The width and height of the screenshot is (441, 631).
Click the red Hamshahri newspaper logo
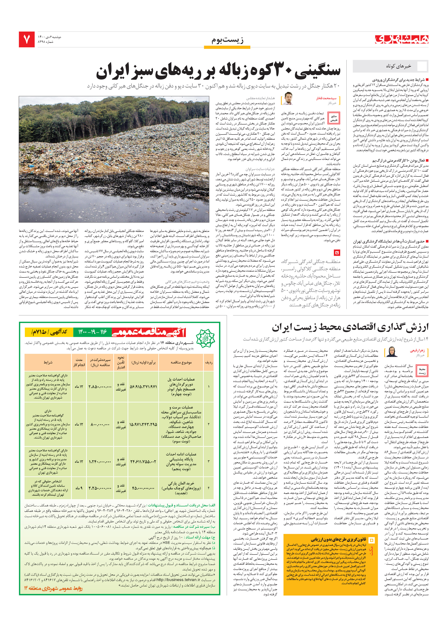pos(402,39)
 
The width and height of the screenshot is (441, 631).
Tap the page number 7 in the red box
pos(27,40)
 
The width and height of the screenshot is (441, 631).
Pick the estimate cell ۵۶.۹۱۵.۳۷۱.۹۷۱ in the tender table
pos(143,386)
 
